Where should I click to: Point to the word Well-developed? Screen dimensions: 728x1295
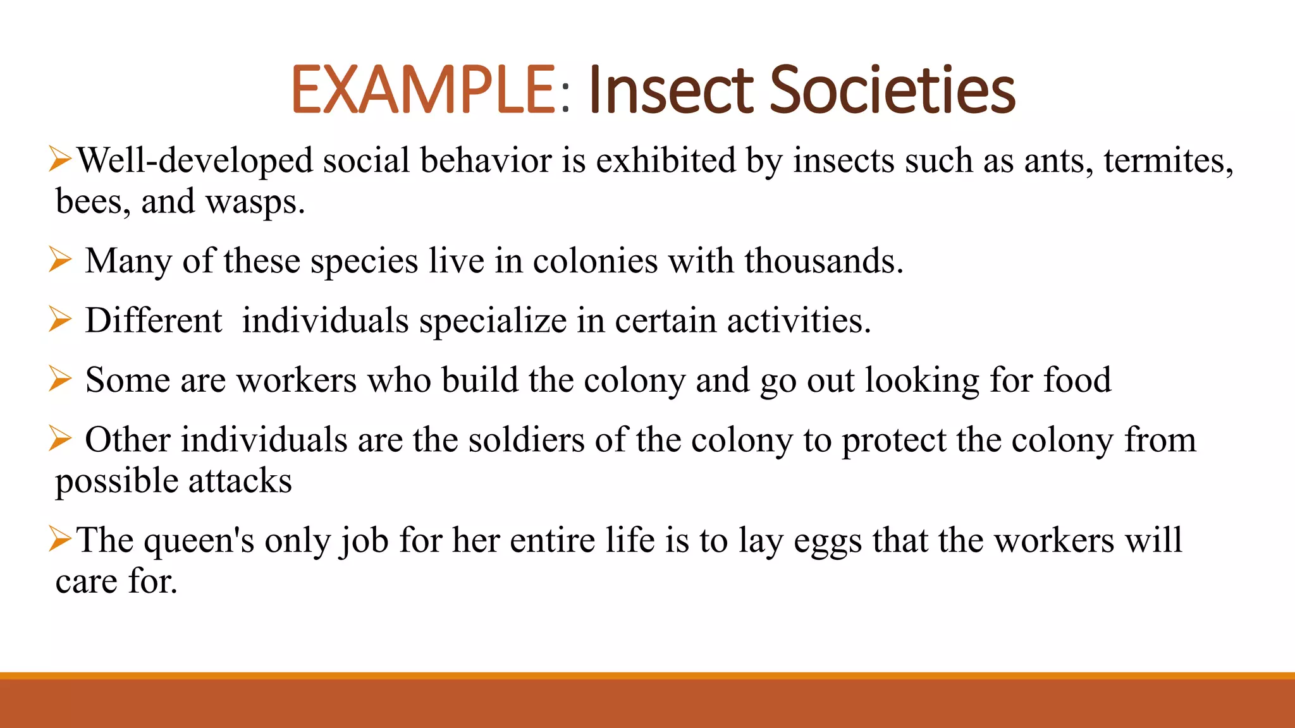tap(195, 161)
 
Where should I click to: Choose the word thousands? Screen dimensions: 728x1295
tap(824, 261)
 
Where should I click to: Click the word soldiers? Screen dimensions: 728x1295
tap(526, 440)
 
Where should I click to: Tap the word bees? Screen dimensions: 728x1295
tap(93, 202)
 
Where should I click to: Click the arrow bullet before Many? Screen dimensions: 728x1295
tap(60, 260)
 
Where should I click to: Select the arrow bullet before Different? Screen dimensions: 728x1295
tap(60, 319)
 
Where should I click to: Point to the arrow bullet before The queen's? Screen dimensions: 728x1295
tap(60, 539)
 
